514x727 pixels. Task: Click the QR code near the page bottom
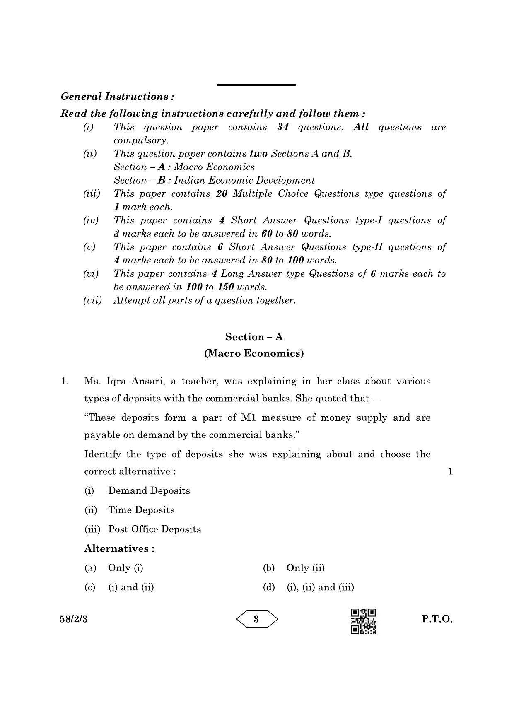click(x=364, y=621)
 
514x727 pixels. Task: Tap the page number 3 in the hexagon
click(x=256, y=619)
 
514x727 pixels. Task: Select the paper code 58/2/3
click(x=74, y=619)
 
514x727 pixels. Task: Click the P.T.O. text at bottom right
click(x=437, y=619)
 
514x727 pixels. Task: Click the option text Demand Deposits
click(x=149, y=491)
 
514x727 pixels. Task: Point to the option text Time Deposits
click(x=141, y=510)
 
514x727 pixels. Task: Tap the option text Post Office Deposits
click(x=154, y=529)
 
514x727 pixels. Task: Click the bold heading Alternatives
click(x=119, y=548)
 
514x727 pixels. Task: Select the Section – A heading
click(x=254, y=337)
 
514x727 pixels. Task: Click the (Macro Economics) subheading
click(x=254, y=353)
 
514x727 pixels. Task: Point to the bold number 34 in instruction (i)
click(x=283, y=127)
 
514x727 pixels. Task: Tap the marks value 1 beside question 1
click(x=450, y=471)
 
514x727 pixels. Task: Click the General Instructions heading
click(x=117, y=97)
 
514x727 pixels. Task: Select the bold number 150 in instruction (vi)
click(x=226, y=287)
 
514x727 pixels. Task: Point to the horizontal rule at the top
click(x=256, y=85)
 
